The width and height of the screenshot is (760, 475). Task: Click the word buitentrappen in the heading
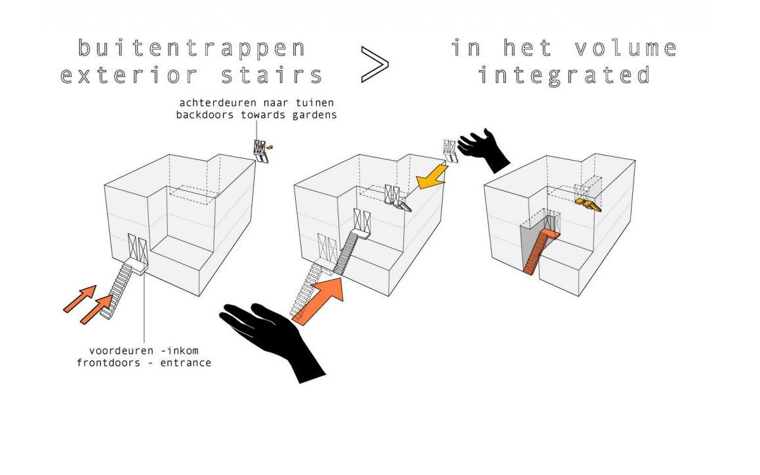pos(191,49)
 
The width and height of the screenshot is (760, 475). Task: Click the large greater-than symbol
pos(374,64)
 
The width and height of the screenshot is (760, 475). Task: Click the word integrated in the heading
pos(563,75)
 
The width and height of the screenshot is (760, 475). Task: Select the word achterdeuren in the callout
pos(223,103)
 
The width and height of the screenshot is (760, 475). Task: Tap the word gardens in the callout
pos(314,114)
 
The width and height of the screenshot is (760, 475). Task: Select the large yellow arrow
pos(432,176)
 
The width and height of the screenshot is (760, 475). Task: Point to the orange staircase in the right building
pos(539,253)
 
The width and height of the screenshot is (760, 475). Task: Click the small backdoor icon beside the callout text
pos(262,150)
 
